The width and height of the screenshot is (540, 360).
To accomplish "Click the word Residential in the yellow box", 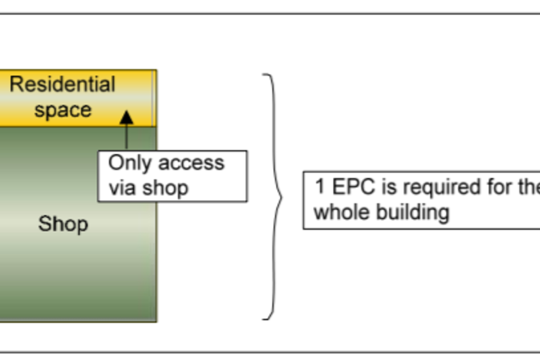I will pyautogui.click(x=62, y=84).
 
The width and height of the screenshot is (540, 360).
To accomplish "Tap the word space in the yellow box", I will pyautogui.click(x=62, y=110).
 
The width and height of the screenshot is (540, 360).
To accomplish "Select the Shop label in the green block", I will pyautogui.click(x=63, y=224).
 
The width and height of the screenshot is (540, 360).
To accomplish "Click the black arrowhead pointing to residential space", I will pyautogui.click(x=127, y=117).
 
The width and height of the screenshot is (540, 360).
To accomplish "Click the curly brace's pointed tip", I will pyautogui.click(x=282, y=196).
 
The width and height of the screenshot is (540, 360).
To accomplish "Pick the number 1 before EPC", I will pyautogui.click(x=319, y=187).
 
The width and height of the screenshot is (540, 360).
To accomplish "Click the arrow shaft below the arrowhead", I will pyautogui.click(x=127, y=138).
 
